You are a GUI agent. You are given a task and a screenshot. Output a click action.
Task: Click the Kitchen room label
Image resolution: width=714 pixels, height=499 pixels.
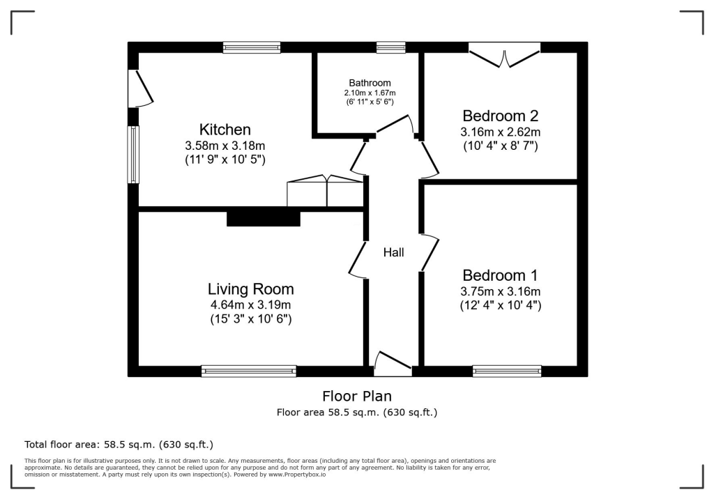225,130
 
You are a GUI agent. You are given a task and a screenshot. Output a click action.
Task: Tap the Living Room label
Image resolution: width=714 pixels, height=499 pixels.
250,289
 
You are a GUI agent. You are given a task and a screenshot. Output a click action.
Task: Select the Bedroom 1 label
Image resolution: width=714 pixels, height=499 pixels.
500,275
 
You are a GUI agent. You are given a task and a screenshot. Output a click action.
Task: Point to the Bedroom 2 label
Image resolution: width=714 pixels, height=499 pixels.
500,116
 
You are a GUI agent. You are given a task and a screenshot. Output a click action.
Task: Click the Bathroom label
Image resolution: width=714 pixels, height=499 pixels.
370,83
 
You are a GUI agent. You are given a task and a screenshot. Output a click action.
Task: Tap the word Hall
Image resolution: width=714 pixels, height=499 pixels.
393,252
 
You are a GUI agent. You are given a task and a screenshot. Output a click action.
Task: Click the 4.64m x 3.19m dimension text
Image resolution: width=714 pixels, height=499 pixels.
250,305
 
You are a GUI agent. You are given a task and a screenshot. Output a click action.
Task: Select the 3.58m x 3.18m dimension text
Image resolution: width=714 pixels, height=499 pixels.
225,146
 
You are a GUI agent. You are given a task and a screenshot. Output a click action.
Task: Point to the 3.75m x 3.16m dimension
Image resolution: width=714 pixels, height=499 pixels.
500,291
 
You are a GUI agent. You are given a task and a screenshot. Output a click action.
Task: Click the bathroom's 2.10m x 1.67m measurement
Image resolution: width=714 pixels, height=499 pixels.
370,93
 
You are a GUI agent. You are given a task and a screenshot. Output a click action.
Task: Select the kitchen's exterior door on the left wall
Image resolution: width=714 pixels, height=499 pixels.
139,89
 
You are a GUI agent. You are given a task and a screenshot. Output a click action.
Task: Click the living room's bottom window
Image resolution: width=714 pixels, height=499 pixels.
248,371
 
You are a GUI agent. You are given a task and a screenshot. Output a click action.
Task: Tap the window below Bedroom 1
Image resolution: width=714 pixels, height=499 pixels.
507,371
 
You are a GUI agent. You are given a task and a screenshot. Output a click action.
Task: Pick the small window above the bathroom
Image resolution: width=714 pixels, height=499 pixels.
390,47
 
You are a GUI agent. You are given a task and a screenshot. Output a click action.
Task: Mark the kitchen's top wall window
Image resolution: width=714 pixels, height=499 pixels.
252,47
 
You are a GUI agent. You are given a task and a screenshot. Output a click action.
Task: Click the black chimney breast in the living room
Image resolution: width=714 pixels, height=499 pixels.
263,218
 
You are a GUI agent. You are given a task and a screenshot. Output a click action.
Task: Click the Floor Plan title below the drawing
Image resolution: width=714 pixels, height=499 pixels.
357,397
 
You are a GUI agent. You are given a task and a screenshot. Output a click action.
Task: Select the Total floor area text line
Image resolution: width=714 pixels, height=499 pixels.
119,444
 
